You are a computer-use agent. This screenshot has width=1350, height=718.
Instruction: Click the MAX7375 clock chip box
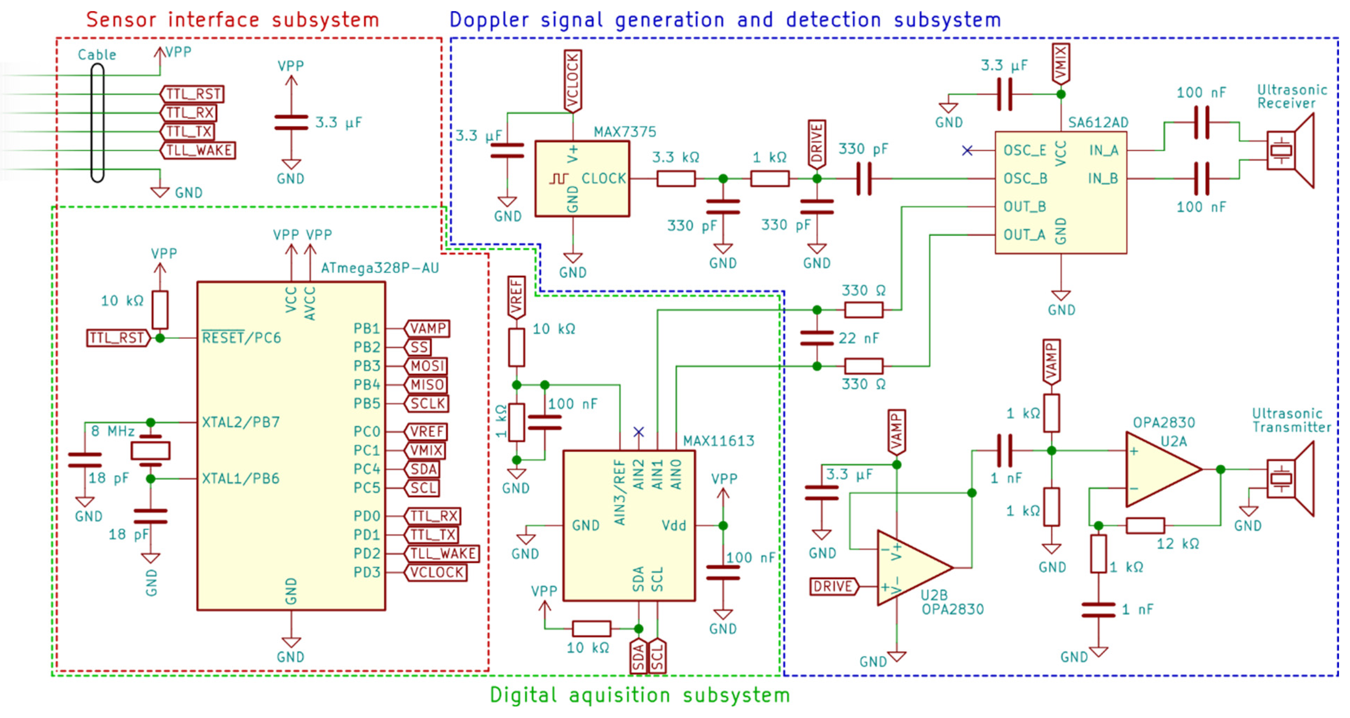(x=582, y=178)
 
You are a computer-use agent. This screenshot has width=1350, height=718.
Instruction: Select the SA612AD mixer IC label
(x=1098, y=123)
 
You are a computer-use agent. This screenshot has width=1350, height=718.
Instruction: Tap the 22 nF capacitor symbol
(x=817, y=338)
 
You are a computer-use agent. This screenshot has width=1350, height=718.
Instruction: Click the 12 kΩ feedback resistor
(x=1145, y=525)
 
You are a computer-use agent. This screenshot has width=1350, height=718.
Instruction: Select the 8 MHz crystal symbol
(x=150, y=451)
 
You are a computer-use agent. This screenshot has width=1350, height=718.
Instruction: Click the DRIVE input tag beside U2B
(x=833, y=586)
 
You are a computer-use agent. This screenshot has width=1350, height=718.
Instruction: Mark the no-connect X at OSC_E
(x=967, y=151)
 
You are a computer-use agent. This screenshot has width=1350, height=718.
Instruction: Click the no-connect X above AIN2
(x=638, y=432)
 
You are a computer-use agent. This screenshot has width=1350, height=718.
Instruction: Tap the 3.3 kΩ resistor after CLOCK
(x=676, y=179)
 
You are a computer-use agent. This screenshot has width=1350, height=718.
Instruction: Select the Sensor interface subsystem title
(x=232, y=20)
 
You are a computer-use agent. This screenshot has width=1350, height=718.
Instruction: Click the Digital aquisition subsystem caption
(x=639, y=695)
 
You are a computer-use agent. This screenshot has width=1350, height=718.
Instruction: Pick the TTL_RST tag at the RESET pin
(x=117, y=338)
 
